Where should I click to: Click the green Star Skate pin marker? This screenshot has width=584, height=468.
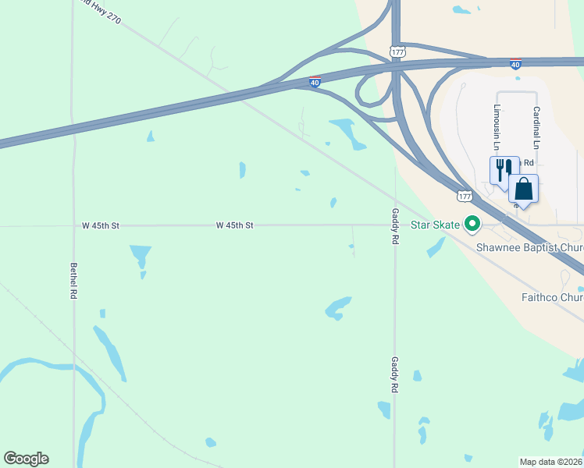tap(472, 225)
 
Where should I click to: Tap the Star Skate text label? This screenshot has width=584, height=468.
tap(436, 225)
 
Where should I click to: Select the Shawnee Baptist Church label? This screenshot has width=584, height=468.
tap(530, 248)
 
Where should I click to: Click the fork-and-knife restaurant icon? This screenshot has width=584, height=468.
tap(504, 168)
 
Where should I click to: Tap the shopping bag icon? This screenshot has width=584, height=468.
tap(523, 189)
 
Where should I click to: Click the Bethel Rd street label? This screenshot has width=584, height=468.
tap(73, 281)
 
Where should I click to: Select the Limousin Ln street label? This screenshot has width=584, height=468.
tap(496, 126)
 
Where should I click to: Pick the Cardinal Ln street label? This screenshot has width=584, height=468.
tap(536, 129)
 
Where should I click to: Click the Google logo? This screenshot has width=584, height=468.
tap(26, 459)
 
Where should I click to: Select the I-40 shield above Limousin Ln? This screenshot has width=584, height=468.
tap(515, 64)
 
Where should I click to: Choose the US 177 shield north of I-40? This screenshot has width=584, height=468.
tap(397, 51)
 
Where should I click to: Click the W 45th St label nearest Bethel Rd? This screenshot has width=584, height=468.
tap(101, 225)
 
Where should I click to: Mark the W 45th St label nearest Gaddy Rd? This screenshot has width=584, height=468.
tap(235, 225)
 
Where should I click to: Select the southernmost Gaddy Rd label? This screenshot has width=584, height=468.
tap(395, 374)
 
